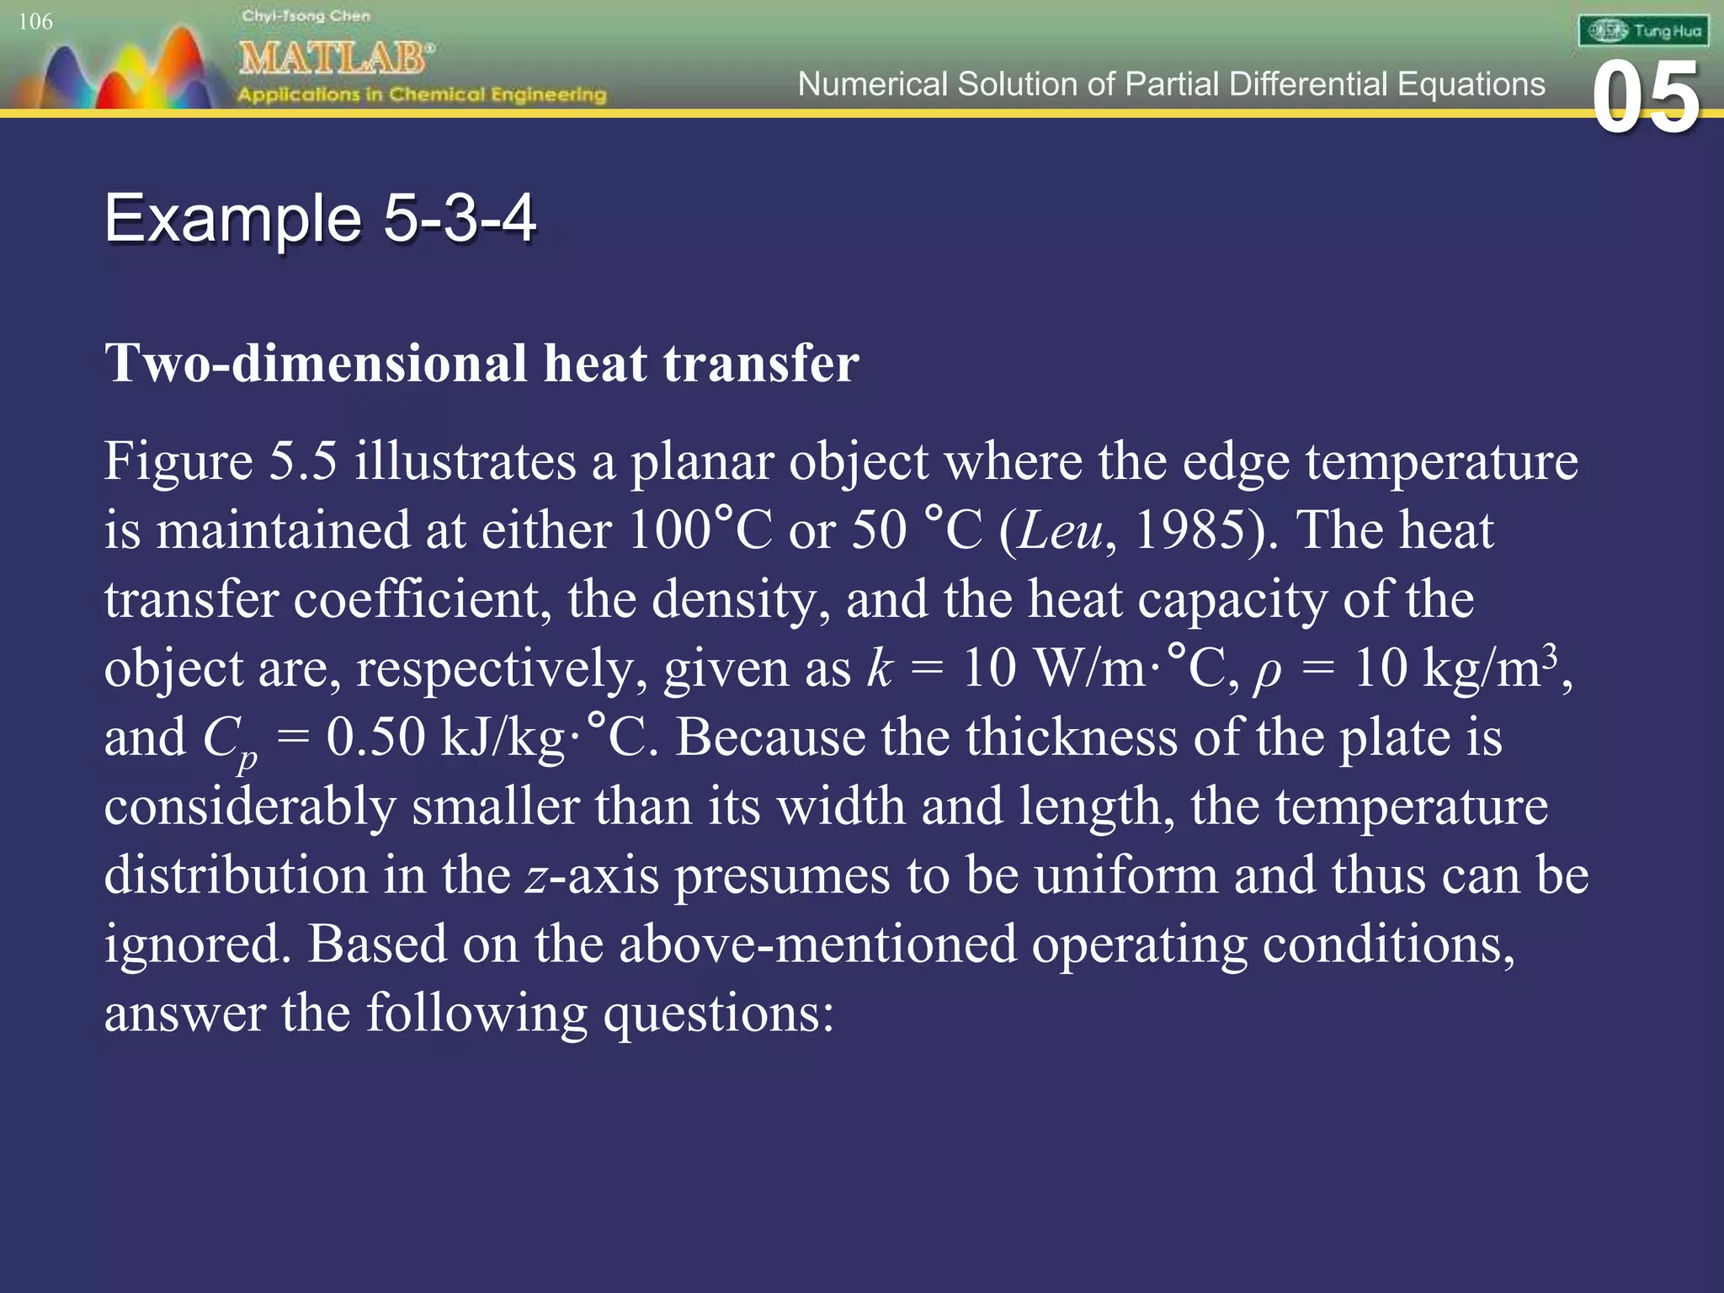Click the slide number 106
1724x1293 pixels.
[x=35, y=22]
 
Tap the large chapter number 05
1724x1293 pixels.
[x=1647, y=99]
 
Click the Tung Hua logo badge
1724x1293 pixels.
[x=1643, y=31]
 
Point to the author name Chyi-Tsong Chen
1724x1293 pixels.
[x=306, y=16]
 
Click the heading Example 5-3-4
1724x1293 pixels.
[x=320, y=218]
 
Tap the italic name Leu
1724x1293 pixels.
[x=1060, y=530]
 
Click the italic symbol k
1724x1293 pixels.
[x=880, y=668]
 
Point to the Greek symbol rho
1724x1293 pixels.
[x=1267, y=671]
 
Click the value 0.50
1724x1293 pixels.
[x=375, y=737]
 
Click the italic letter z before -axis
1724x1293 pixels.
[x=537, y=876]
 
